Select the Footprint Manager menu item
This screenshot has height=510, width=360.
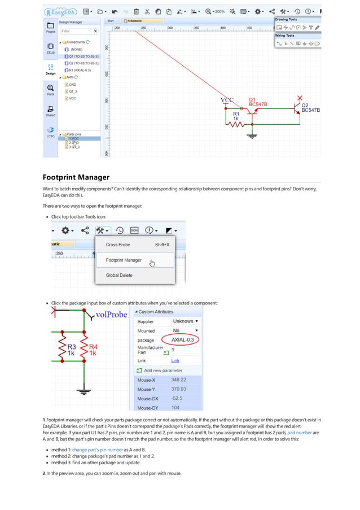[x=124, y=260]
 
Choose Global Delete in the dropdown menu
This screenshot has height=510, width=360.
[x=119, y=275]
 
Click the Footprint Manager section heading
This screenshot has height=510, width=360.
[x=76, y=177]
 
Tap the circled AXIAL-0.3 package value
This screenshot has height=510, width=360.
[x=182, y=339]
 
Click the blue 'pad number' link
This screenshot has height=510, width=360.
[x=300, y=432]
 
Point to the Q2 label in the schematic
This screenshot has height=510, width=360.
[x=305, y=105]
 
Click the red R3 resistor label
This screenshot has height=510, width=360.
[x=72, y=346]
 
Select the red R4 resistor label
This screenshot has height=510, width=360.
[x=93, y=346]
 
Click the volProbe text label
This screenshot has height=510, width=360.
[x=111, y=315]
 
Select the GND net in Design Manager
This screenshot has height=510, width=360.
[x=72, y=84]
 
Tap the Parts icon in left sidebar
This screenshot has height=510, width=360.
[x=50, y=90]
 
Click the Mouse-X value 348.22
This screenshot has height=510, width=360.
[x=179, y=380]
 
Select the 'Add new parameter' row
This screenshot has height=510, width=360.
[x=164, y=370]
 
